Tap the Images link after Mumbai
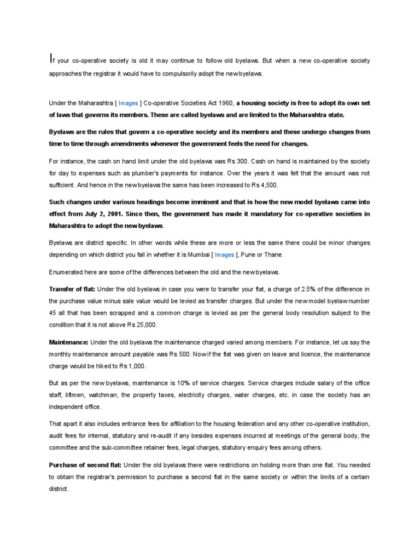pos(223,254)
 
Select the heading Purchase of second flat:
pos(85,465)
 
